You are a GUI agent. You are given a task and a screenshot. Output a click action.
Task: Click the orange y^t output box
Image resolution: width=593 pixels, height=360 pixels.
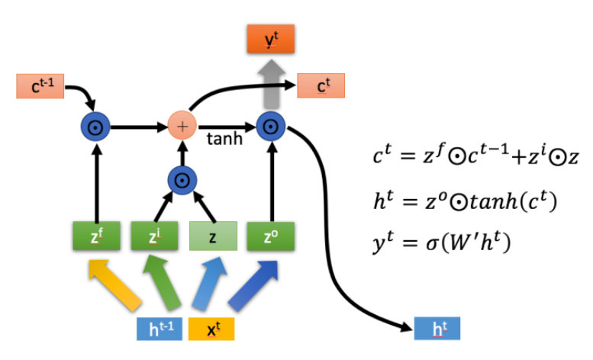(270, 40)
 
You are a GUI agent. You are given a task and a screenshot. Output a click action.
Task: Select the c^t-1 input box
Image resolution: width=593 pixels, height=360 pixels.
(40, 86)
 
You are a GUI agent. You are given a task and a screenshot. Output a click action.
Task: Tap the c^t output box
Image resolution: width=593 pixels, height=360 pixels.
(321, 86)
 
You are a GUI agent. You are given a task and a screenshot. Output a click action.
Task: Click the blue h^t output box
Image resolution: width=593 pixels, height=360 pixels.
(437, 328)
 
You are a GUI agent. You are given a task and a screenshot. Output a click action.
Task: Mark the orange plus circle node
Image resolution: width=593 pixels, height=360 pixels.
(182, 126)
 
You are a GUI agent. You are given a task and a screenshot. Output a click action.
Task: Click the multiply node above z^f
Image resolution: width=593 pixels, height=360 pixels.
(96, 126)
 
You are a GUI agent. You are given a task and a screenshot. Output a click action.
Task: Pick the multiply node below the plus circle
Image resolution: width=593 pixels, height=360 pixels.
(182, 180)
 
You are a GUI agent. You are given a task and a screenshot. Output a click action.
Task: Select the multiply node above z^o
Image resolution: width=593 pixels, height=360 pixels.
(270, 126)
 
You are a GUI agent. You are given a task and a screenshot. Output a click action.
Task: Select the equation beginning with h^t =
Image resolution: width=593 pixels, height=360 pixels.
(463, 201)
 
